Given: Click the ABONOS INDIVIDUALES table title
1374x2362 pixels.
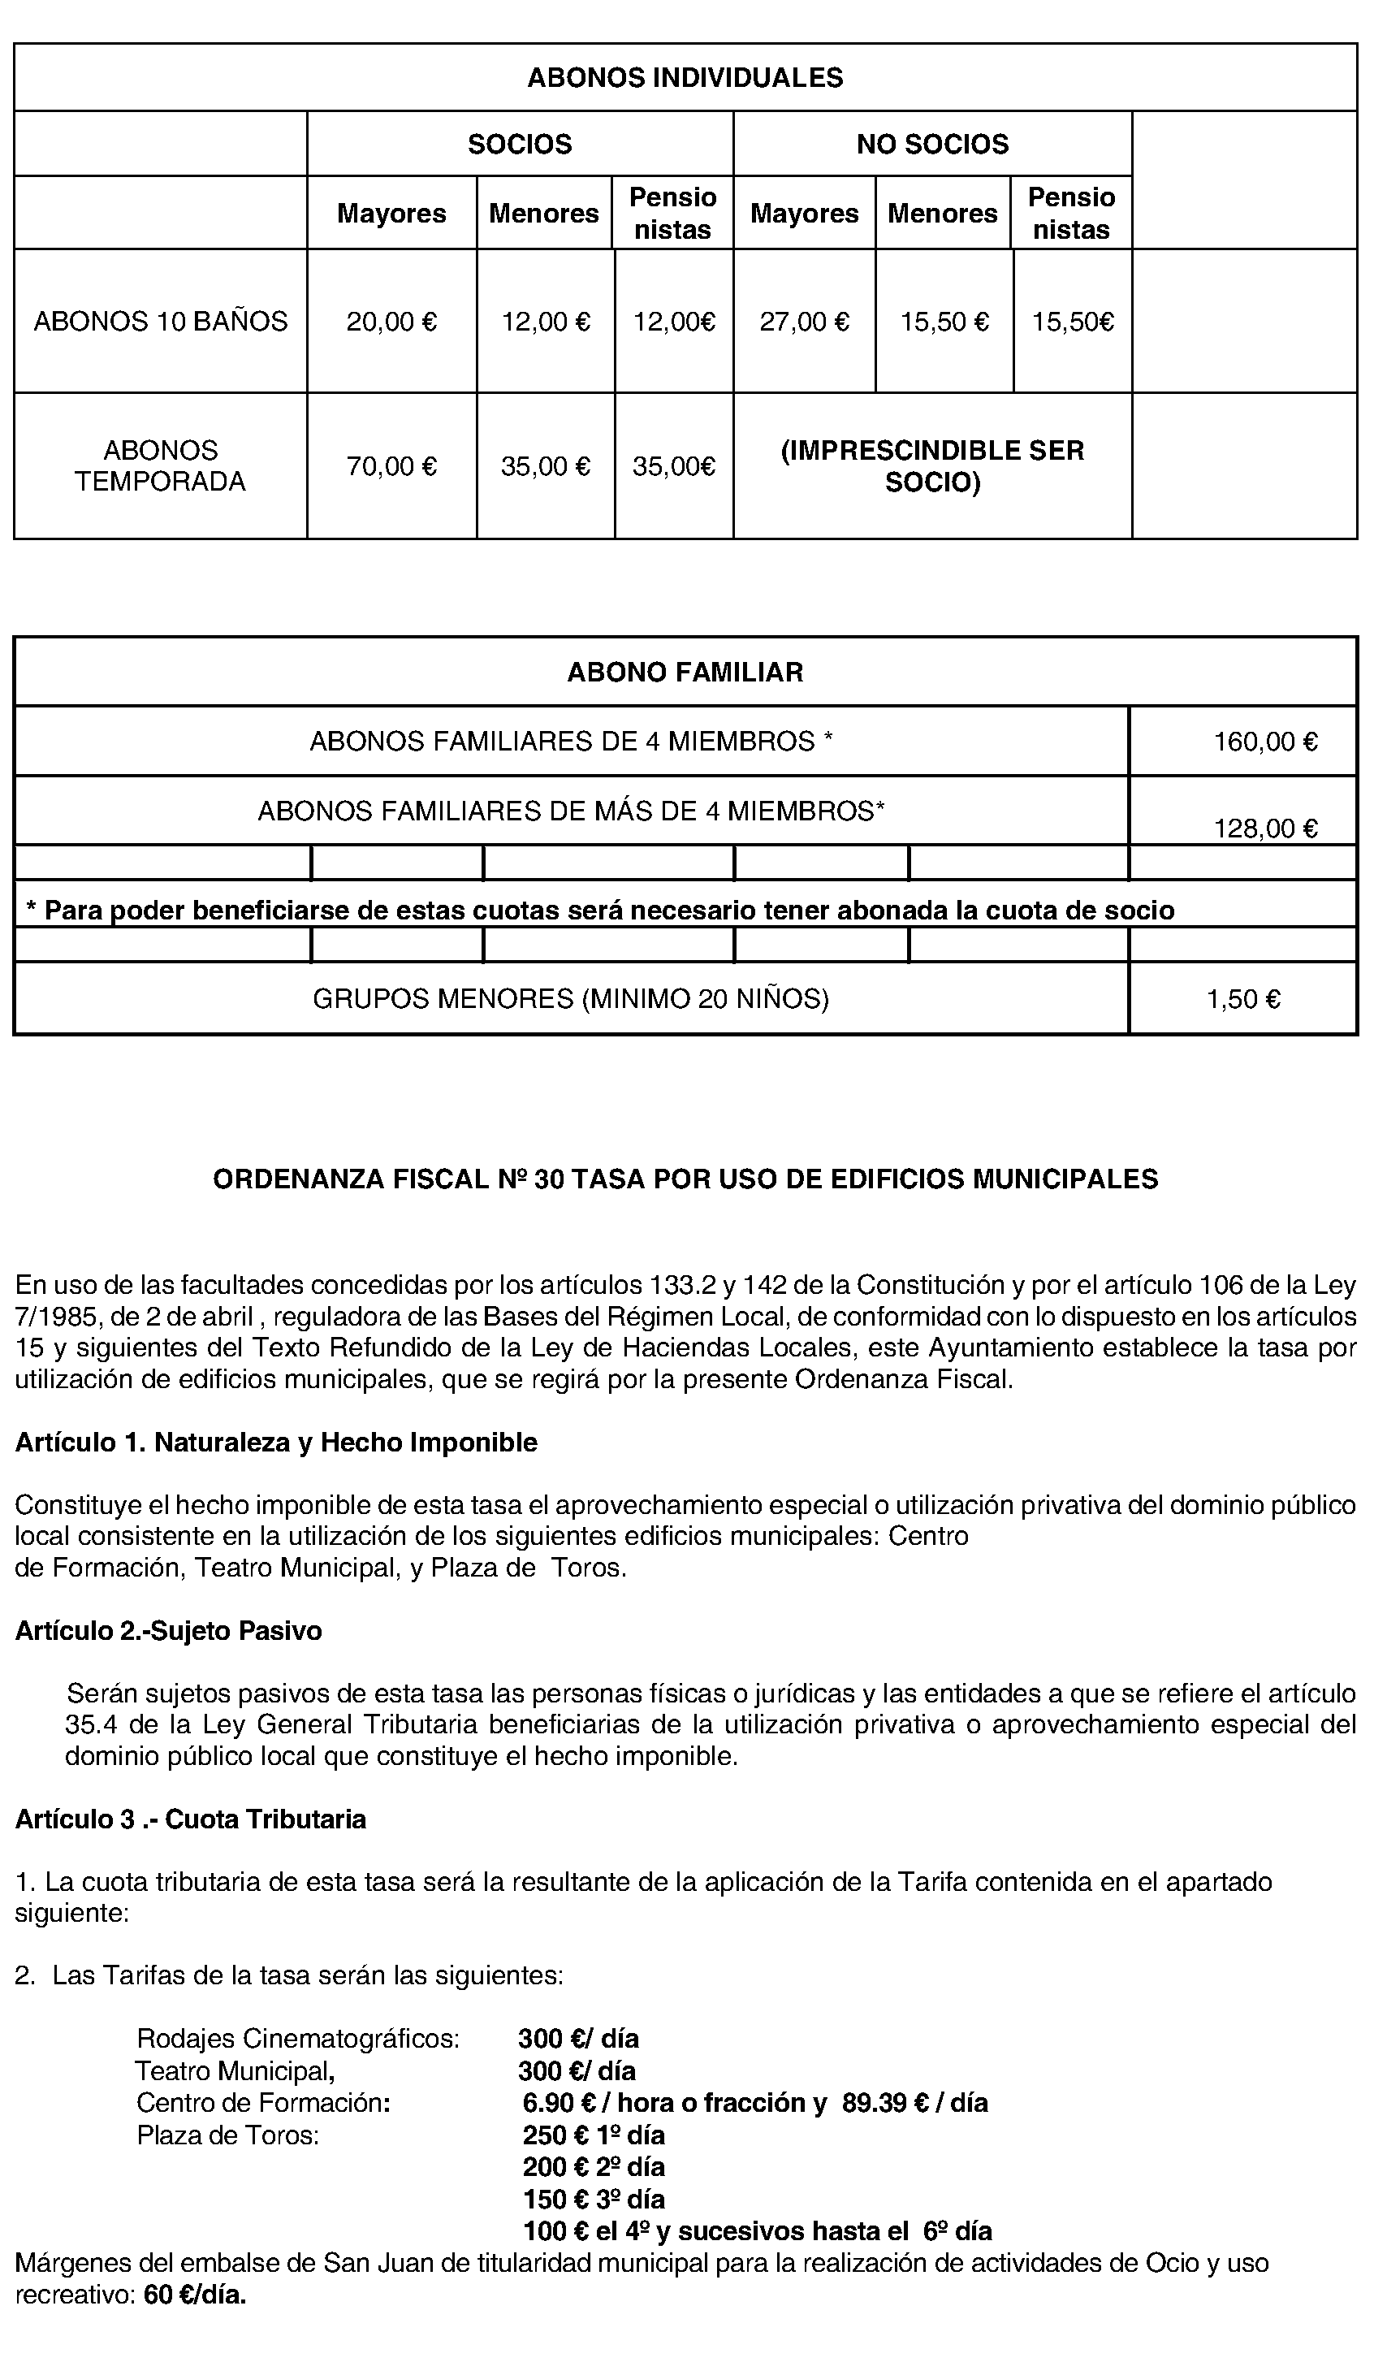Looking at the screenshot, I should click(685, 78).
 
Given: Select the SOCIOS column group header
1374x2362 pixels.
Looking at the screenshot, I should click(519, 145).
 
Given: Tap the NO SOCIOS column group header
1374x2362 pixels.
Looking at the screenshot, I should click(931, 145).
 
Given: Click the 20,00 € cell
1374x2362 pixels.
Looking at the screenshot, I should click(391, 322).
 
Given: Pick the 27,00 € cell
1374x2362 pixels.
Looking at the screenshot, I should click(804, 322).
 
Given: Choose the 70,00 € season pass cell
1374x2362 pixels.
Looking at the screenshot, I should click(391, 467).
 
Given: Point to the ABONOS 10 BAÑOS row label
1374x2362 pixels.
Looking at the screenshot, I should click(160, 322).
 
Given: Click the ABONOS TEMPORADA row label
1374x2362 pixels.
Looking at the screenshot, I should click(160, 466).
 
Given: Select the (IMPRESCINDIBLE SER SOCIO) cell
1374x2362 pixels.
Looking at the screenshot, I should click(931, 467).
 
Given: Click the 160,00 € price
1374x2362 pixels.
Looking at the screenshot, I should click(1265, 742).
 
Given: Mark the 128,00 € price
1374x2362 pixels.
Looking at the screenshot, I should click(1265, 828).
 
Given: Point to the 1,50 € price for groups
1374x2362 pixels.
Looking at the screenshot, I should click(1242, 1000).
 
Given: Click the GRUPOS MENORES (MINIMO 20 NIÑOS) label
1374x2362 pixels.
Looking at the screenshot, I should click(570, 1000).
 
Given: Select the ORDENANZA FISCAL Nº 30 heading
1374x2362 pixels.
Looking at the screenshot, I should click(685, 1179).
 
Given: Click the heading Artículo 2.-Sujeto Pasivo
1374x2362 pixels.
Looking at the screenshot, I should click(169, 1632).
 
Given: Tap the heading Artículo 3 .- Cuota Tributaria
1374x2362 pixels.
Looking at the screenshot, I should click(190, 1820).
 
